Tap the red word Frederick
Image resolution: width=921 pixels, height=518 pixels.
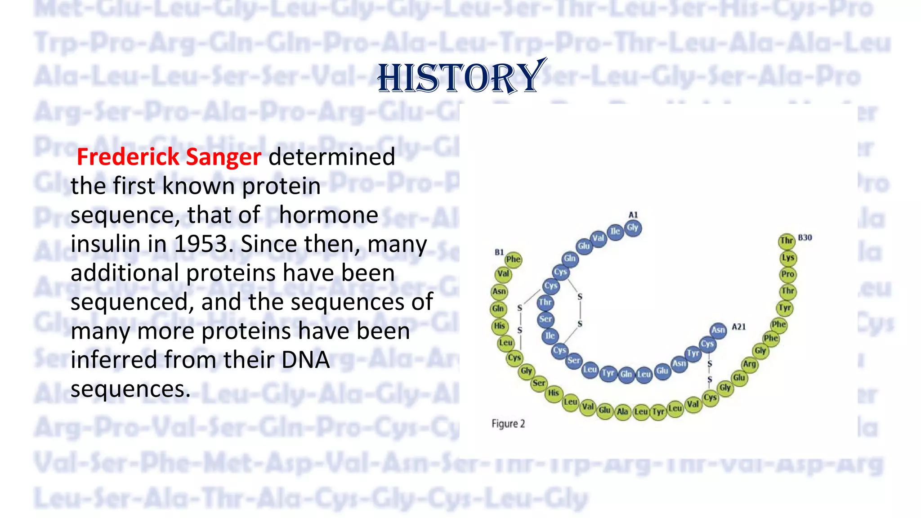[128, 157]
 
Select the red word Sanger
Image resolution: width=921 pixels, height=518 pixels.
[223, 157]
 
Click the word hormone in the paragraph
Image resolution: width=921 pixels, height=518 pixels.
[328, 215]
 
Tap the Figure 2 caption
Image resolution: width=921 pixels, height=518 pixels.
[508, 424]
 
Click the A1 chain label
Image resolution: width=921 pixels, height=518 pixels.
[633, 215]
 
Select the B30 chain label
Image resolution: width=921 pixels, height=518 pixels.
[805, 237]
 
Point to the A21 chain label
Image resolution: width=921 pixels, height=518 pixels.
[739, 327]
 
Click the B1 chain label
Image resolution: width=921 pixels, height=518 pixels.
[499, 252]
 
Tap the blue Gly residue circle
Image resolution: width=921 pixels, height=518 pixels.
[633, 228]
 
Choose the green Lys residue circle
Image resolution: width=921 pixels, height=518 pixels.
[787, 258]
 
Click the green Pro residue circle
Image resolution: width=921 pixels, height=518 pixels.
[787, 274]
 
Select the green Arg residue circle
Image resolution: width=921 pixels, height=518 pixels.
[749, 364]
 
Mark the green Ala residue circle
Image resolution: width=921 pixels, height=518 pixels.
[622, 411]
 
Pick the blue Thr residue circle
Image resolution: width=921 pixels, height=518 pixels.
[545, 302]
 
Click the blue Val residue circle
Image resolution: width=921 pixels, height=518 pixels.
[598, 238]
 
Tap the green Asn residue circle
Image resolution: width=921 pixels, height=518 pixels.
[499, 291]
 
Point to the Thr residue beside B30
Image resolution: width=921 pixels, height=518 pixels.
[787, 241]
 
